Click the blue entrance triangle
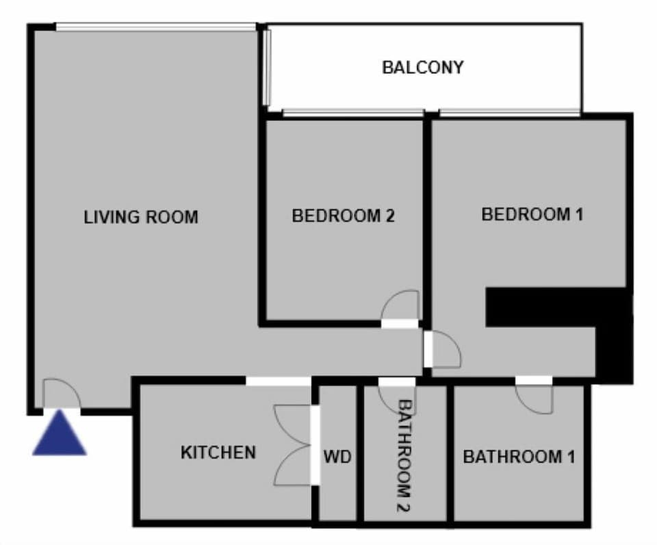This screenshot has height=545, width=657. click(x=60, y=435)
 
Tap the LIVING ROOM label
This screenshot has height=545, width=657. click(x=141, y=218)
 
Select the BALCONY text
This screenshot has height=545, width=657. click(x=422, y=68)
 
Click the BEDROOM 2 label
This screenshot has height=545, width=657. click(x=343, y=216)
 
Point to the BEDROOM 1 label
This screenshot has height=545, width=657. click(x=532, y=214)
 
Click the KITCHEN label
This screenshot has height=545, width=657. click(x=218, y=453)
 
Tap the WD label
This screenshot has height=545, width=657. click(x=337, y=457)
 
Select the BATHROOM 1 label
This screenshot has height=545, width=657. click(x=519, y=457)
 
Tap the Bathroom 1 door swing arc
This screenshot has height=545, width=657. click(x=534, y=396)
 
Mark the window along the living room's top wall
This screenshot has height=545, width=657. click(x=156, y=27)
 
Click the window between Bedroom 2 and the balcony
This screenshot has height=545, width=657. click(x=352, y=113)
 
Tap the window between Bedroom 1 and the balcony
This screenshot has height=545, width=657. click(x=510, y=113)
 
